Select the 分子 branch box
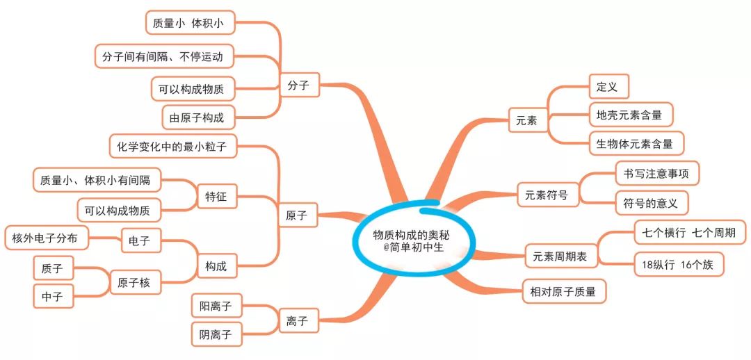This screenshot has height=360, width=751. point(300,85)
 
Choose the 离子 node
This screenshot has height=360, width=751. point(298,321)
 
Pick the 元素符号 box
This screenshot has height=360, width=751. point(549,195)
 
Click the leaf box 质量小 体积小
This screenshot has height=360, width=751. point(190,22)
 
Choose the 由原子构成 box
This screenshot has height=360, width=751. point(200,117)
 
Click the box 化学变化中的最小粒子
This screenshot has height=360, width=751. point(174,147)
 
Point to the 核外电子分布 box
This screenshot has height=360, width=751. point(47,238)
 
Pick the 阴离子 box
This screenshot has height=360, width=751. point(216,334)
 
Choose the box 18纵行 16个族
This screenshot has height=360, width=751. point(680,265)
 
